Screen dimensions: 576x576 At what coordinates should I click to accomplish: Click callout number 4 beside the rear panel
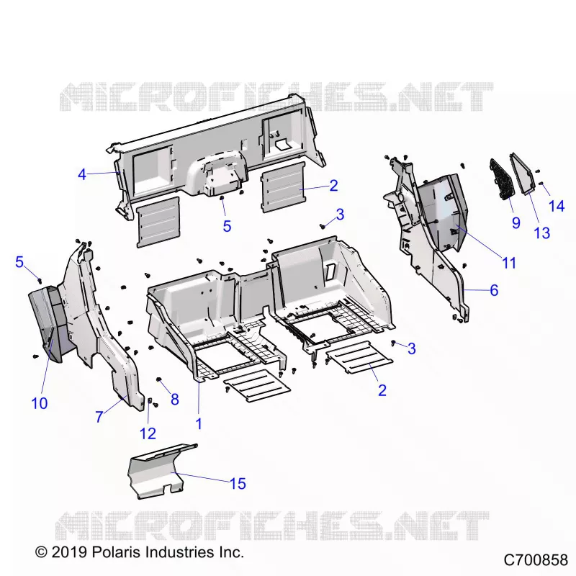point(82,174)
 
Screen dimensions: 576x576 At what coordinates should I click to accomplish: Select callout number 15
point(238,483)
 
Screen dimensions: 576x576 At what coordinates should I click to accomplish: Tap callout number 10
point(40,403)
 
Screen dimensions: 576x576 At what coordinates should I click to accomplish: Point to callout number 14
point(557,206)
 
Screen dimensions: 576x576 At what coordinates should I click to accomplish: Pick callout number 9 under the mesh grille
point(516,222)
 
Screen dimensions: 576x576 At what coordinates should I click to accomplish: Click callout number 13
point(542,233)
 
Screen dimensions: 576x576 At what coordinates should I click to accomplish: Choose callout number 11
point(509,263)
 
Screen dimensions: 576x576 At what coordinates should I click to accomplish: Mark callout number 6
point(494,290)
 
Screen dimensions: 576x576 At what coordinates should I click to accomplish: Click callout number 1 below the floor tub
point(199,423)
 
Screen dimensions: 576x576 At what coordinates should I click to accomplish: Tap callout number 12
point(148,433)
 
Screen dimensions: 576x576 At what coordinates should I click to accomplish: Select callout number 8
point(175,400)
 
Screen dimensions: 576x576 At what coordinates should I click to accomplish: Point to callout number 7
point(99,417)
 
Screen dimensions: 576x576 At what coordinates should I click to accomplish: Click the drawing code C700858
point(536,560)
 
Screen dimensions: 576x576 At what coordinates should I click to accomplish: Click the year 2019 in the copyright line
point(69,552)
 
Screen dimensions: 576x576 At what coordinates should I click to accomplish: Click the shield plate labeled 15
point(161,472)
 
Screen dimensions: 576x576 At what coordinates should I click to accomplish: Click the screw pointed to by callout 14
point(541,184)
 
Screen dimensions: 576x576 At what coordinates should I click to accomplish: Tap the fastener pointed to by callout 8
point(159,379)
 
